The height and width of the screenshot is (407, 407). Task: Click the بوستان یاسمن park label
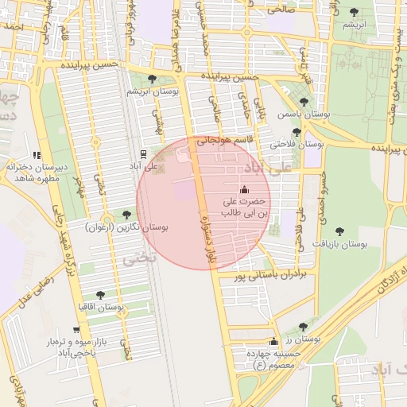click(304, 114)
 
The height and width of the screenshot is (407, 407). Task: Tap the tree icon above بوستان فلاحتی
click(297, 132)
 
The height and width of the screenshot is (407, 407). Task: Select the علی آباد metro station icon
click(142, 153)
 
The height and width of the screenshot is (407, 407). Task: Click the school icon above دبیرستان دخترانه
click(36, 155)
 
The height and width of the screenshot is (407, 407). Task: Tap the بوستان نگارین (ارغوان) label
click(127, 227)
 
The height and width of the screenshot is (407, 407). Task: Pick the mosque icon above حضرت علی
click(244, 189)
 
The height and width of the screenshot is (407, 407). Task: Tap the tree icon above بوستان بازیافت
click(340, 231)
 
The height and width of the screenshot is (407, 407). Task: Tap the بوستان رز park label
click(305, 339)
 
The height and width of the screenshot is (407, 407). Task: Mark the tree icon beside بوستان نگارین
click(126, 215)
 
